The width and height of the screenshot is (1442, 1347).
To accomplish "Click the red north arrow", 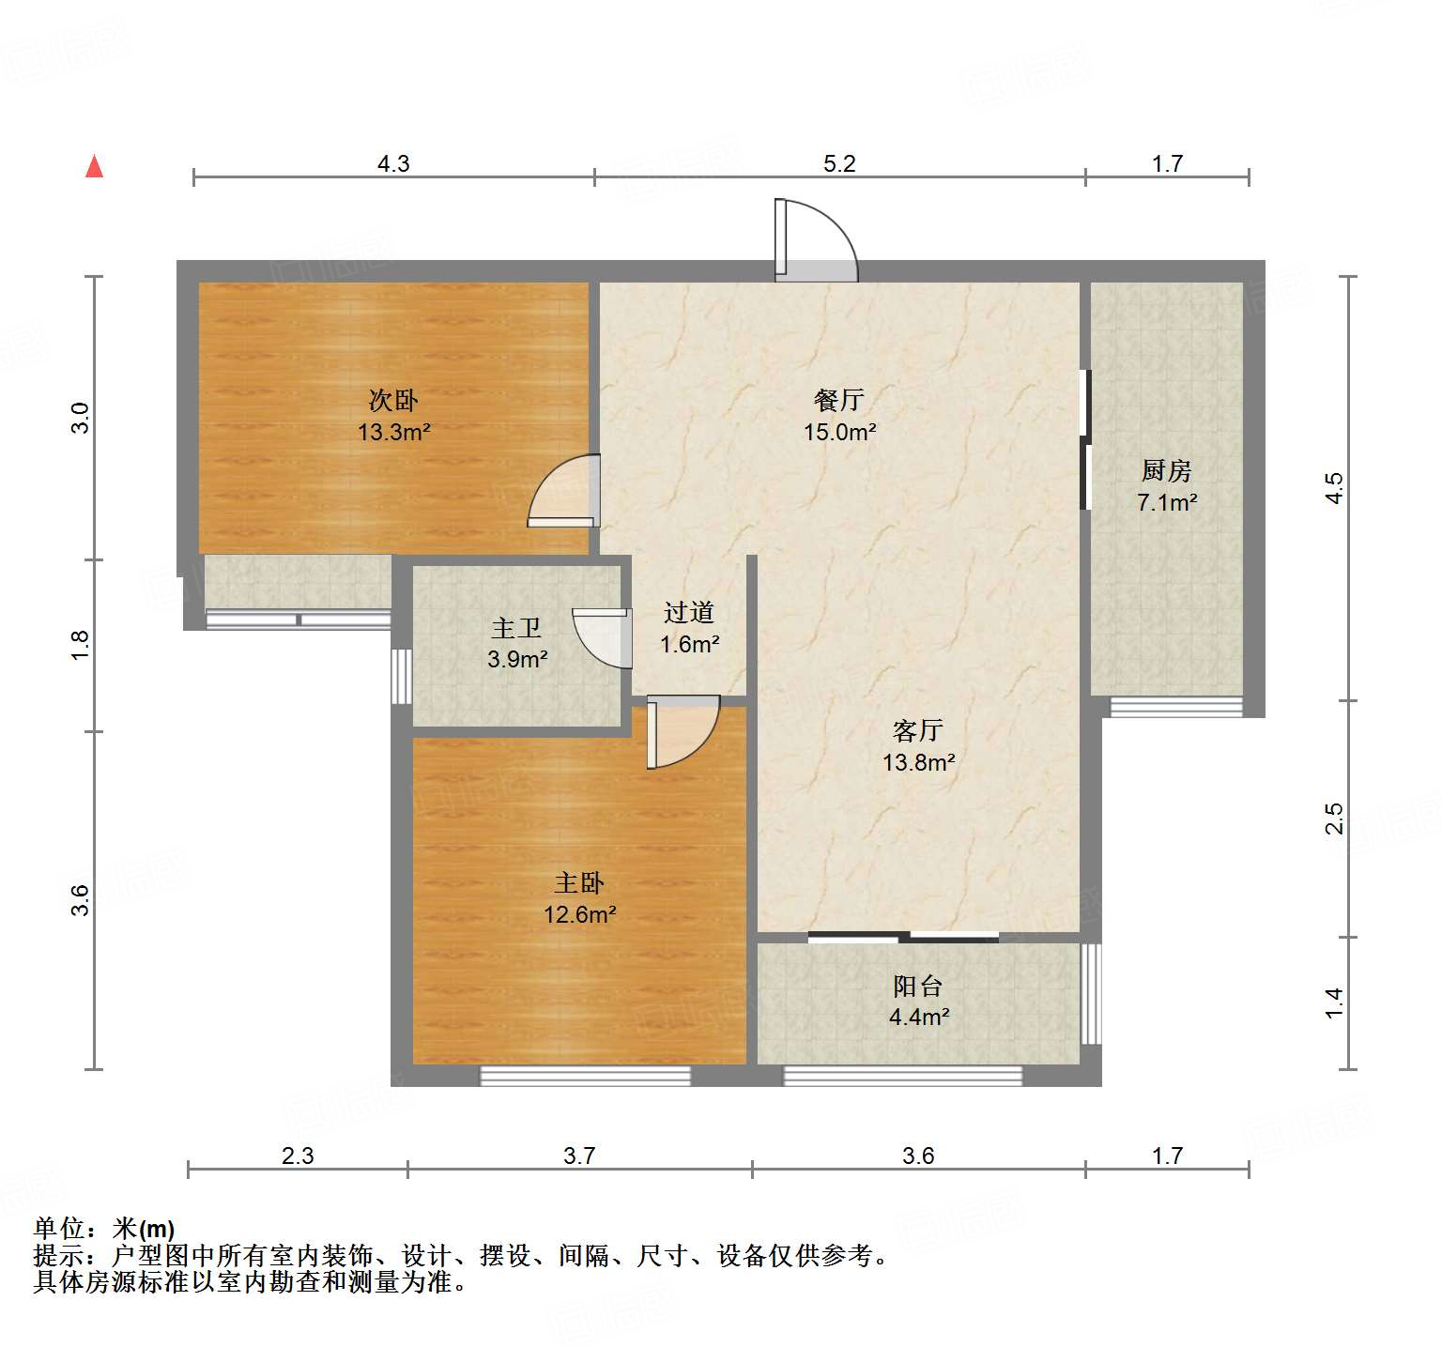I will pos(94,166).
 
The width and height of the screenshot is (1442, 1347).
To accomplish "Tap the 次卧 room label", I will pos(393,401).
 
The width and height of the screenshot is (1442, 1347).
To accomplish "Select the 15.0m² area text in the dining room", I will pos(839,433).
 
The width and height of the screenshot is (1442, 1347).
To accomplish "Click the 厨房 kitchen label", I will pos(1166,470).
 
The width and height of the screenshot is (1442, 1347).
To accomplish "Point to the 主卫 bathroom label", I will pos(516,628).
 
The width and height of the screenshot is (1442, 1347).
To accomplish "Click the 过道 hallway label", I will pos(689,613).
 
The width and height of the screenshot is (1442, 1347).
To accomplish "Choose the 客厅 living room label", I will pos(917,730).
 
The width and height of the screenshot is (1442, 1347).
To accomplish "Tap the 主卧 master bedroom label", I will pos(579,882).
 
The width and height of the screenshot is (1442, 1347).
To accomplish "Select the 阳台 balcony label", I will pos(917,986).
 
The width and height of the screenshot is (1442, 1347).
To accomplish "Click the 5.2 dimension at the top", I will pos(839,164).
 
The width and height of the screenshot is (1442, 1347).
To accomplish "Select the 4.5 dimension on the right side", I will pos(1334,488).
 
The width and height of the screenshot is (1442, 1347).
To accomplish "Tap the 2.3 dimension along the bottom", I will pos(298,1156).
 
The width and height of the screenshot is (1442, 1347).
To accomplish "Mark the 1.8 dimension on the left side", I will pos(81,645).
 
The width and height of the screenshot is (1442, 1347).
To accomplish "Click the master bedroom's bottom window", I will pos(585,1076).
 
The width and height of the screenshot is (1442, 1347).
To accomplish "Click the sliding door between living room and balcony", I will pos(903,937).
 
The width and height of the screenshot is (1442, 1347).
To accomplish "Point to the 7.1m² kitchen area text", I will pos(1167,503).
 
